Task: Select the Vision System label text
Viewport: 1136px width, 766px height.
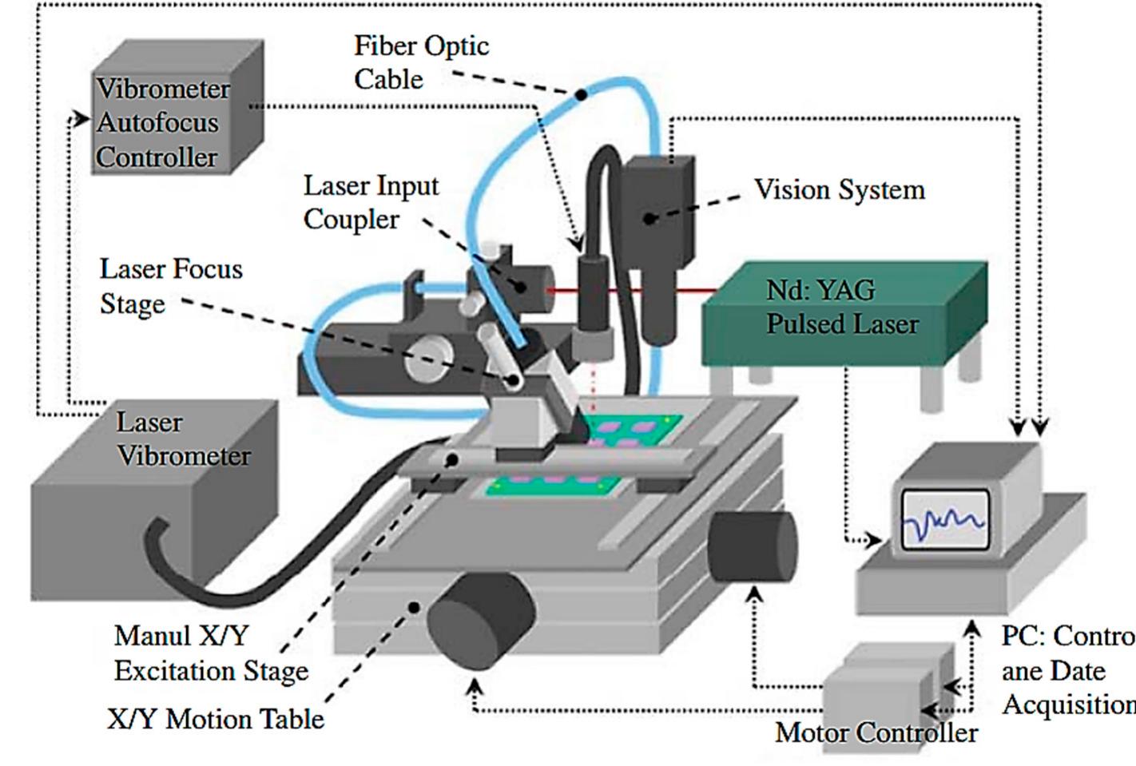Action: pos(839,190)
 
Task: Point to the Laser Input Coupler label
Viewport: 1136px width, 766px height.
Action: pos(371,202)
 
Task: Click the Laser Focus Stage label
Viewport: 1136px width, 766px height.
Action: pos(171,286)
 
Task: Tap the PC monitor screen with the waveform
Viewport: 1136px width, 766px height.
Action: pos(944,520)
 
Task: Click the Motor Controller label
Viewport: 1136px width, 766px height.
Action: pos(876,732)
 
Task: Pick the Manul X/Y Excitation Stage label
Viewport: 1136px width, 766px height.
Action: pos(210,653)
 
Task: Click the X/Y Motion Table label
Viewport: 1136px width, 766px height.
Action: pos(216,719)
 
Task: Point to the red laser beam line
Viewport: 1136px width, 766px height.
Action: pos(631,291)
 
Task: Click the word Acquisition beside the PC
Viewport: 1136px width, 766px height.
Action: pos(1067,704)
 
